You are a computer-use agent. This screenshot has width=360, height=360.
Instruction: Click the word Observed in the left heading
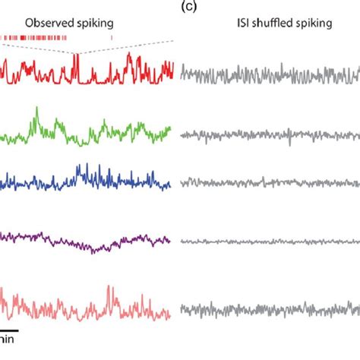tap(46, 23)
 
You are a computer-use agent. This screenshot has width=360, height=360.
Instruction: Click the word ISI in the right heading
tap(242, 23)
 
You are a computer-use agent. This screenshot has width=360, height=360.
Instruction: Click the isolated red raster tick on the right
tap(112, 36)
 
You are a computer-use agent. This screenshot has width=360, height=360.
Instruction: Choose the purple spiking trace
tap(76, 242)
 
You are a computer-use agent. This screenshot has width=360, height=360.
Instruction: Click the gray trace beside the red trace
tap(266, 76)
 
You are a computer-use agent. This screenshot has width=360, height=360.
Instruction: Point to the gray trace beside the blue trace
tap(266, 183)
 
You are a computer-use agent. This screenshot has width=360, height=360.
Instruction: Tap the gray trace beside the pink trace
tap(266, 311)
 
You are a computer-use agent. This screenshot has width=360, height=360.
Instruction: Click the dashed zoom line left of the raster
tap(38, 47)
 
